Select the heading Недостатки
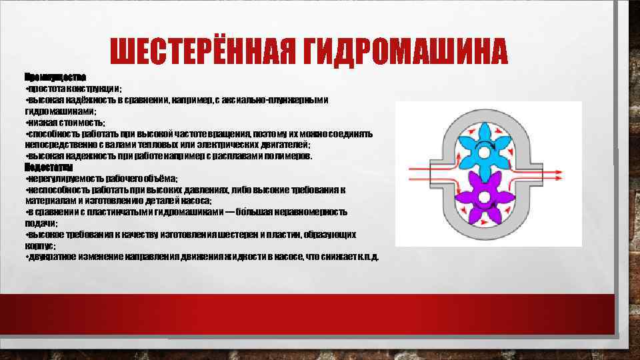tap(49, 167)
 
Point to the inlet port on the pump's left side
tap(420, 175)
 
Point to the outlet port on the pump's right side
tap(553, 175)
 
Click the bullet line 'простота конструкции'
tap(73, 88)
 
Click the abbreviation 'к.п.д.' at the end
tap(367, 257)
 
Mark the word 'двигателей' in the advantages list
tap(285, 145)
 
